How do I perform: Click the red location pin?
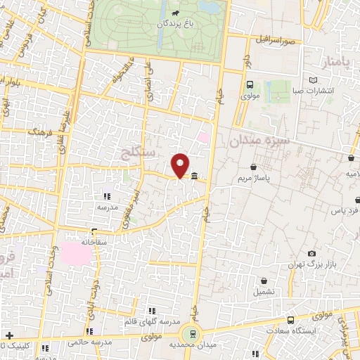pos(180,165)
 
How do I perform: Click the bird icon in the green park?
pos(174,13)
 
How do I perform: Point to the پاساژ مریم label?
pos(254,179)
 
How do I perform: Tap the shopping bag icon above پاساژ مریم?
pos(253,167)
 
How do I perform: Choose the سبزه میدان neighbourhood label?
pos(259,141)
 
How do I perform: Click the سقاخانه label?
pos(94,241)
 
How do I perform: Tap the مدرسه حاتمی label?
pos(89,342)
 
